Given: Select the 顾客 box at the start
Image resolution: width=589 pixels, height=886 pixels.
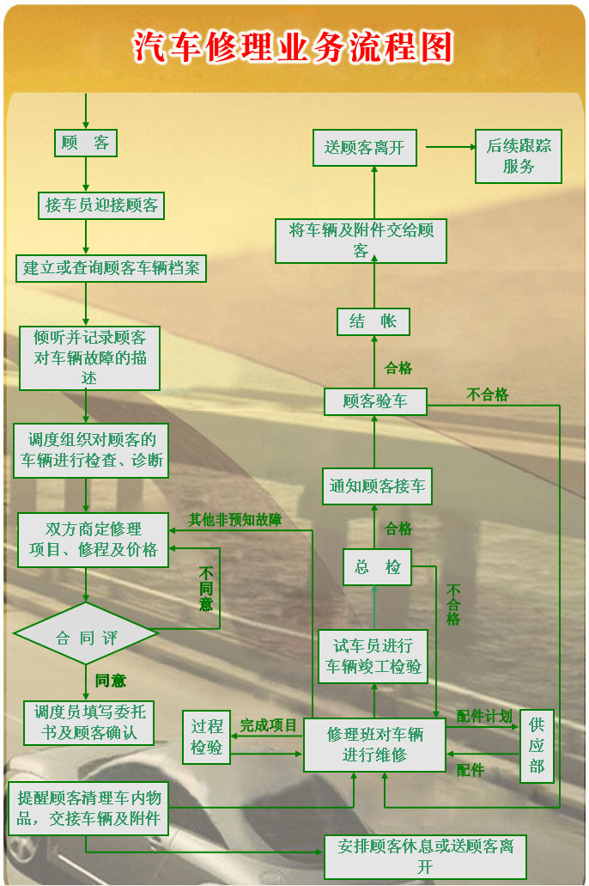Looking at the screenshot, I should coord(86,144).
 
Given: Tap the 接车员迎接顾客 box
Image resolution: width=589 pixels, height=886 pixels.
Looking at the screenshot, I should coord(102,206).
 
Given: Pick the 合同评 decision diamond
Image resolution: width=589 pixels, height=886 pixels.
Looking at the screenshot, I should coord(86,638).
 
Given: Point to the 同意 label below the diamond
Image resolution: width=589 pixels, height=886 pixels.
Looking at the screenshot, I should coord(111,681).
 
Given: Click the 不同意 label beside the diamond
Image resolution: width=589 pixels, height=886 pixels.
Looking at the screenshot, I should coord(207,590).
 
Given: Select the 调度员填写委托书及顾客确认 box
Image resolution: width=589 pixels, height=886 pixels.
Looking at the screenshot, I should coord(90,723).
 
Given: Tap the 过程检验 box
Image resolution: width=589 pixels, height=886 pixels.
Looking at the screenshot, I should coord(206,737).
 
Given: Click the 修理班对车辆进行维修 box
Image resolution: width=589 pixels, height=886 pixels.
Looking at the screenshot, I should coord(375,744).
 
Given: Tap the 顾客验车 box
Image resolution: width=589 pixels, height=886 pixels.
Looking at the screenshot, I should coord(375,401).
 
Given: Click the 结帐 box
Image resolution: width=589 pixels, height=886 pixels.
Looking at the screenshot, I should coord(373,321).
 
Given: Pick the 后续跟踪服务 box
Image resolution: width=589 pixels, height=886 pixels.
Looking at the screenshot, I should coord(519,156).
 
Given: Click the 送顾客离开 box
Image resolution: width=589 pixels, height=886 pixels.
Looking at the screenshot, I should coord(364,148).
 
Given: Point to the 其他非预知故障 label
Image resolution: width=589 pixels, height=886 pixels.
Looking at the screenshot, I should coord(235,519).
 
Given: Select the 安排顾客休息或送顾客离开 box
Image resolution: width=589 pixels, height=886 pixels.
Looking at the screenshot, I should coord(425,856).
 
